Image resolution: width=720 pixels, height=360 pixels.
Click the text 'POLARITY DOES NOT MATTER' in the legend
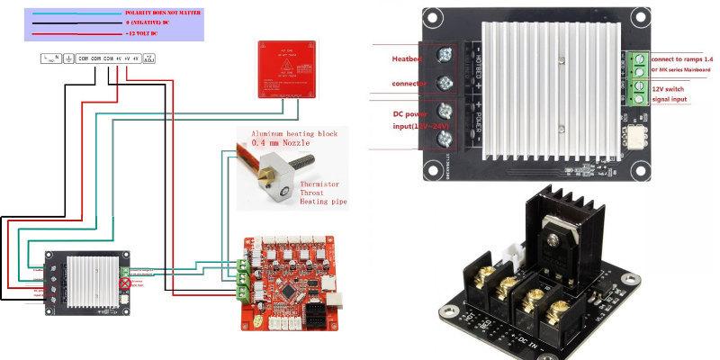pos(163,13)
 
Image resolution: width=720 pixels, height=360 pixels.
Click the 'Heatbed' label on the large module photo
pos(407,58)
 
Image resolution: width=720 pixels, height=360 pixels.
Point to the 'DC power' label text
pos(411,115)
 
